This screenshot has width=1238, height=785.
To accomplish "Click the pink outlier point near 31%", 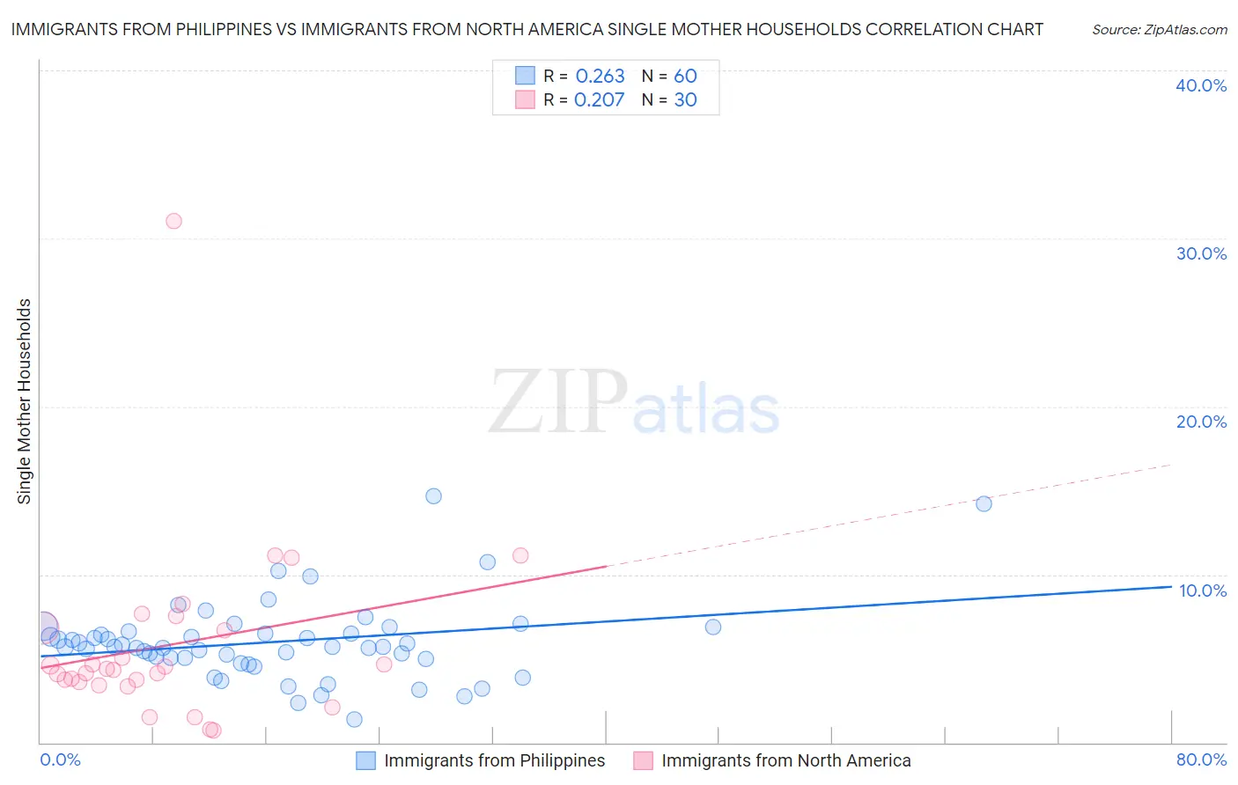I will [173, 221].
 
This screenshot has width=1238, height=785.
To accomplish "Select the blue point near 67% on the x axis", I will [984, 503].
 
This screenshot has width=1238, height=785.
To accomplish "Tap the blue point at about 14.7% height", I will [433, 496].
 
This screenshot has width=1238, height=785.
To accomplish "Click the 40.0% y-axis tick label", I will [1200, 85].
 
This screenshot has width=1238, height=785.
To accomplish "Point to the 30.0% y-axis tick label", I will [1200, 253].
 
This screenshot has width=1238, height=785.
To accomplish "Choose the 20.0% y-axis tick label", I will [1200, 422].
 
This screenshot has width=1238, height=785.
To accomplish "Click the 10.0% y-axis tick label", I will [1202, 591].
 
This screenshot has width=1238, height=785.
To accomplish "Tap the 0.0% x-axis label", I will [60, 759].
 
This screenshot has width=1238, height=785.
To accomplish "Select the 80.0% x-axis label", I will [1201, 759].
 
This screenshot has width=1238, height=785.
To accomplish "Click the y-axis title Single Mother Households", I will [25, 401].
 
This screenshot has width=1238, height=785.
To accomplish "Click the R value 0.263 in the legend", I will [600, 77].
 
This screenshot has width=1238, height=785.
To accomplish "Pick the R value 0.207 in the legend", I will [599, 100].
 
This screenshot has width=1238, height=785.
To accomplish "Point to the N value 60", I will [685, 77].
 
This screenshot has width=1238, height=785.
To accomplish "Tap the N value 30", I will [685, 100].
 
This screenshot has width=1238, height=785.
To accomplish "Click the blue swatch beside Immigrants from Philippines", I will [365, 760].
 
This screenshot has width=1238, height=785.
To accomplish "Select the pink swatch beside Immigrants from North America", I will [643, 760].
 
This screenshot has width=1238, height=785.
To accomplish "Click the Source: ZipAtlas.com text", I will [1159, 30].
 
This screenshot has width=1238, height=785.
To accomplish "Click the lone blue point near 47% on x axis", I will [712, 627].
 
